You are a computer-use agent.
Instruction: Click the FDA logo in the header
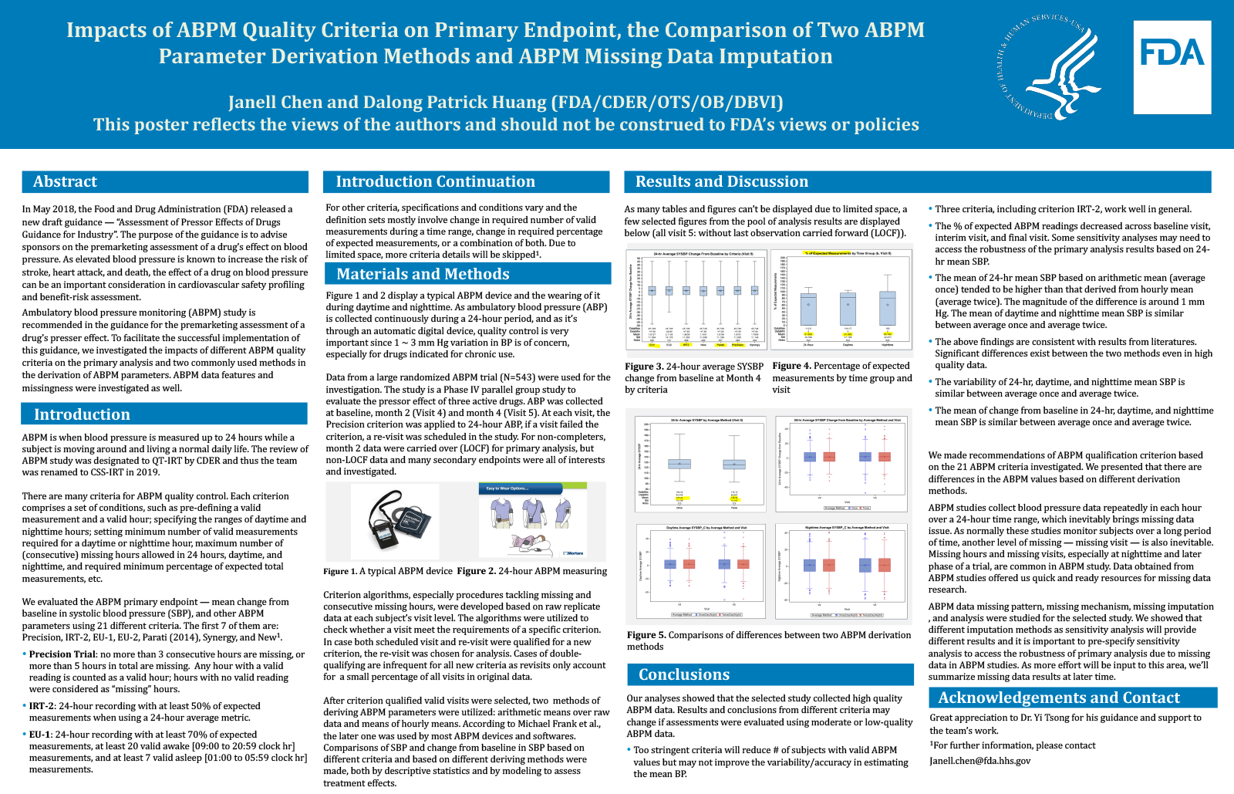pos(1172,67)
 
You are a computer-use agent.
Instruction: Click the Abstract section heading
pos(65,182)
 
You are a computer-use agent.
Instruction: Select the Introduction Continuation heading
pos(435,182)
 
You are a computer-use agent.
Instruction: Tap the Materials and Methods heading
pos(423,275)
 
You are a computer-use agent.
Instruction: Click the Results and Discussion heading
pos(721,182)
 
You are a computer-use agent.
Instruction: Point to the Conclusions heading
pos(683,675)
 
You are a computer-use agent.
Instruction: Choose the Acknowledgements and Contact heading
pos(1058,698)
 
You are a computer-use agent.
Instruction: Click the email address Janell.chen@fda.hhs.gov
pos(979,761)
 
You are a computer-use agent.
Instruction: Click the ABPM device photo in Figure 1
pos(396,521)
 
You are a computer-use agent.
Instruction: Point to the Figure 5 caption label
pos(646,636)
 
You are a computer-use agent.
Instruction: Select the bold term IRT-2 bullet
pos(42,706)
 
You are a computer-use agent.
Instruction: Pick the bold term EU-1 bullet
pos(40,735)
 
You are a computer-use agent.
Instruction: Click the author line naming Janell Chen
pos(505,103)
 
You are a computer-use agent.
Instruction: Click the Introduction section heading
pos(82,415)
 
